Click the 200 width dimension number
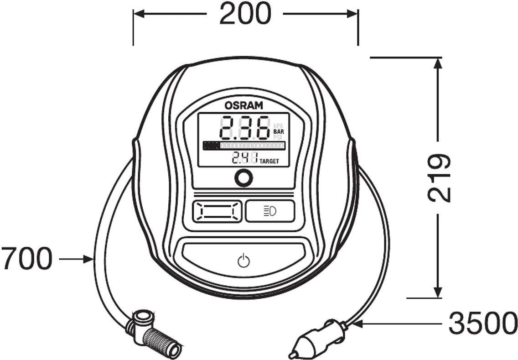pyautogui.click(x=245, y=14)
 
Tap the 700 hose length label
pyautogui.click(x=27, y=259)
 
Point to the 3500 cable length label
pyautogui.click(x=483, y=323)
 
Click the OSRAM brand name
pyautogui.click(x=244, y=105)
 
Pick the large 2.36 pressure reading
pyautogui.click(x=245, y=127)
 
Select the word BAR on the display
pyautogui.click(x=279, y=131)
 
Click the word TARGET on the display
pyautogui.click(x=269, y=162)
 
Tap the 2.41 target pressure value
pyautogui.click(x=244, y=158)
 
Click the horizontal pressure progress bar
pyautogui.click(x=244, y=146)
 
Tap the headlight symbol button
pyautogui.click(x=270, y=211)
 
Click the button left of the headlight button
pyautogui.click(x=217, y=211)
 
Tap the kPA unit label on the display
pyautogui.click(x=279, y=125)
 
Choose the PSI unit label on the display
pyautogui.click(x=278, y=136)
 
